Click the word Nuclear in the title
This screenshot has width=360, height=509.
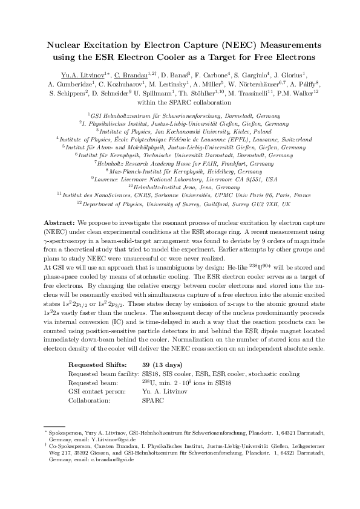point(65,45)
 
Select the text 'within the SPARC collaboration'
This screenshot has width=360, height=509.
point(180,103)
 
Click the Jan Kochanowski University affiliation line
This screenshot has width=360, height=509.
point(180,131)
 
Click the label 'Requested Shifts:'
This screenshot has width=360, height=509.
point(97,365)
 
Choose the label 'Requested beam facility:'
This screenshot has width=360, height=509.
point(102,374)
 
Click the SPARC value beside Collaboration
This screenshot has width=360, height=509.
point(152,400)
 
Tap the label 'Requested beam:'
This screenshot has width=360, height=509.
point(91,383)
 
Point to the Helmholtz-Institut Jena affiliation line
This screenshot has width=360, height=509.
point(180,187)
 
